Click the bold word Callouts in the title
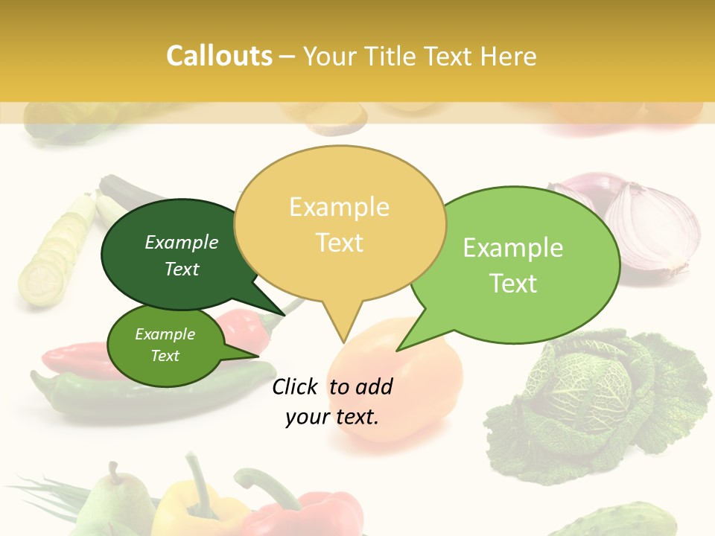pos(219,56)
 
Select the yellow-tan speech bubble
pos(340,223)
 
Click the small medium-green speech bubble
pos(165,345)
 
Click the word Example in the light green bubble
pos(513,248)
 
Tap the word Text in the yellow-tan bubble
pos(340,243)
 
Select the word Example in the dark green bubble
pos(182,242)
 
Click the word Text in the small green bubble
pos(165,356)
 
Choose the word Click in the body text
pos(296,386)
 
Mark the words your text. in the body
pos(332,417)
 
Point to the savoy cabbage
pos(596,402)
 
